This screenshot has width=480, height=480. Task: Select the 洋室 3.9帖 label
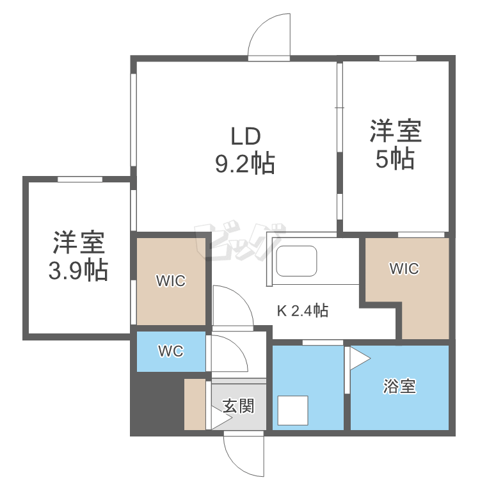click(79, 256)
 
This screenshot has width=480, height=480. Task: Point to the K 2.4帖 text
click(303, 311)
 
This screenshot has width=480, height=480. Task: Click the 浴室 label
click(400, 387)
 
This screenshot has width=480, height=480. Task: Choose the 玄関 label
click(239, 406)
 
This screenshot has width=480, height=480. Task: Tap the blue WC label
click(171, 351)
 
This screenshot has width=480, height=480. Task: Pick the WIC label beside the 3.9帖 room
click(171, 280)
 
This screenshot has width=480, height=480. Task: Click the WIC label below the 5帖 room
click(404, 269)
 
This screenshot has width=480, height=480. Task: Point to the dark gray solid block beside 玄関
click(156, 403)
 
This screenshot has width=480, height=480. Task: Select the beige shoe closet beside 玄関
click(195, 404)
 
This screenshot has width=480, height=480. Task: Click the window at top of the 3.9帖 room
click(80, 179)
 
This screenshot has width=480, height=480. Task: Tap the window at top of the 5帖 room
click(397, 58)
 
